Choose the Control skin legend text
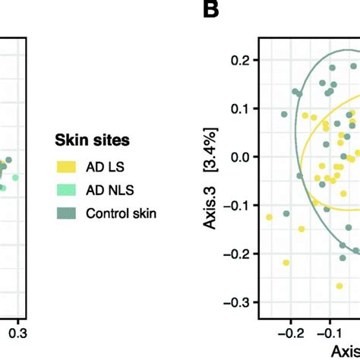click(x=122, y=213)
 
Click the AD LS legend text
click(x=103, y=165)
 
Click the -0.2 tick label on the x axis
click(x=289, y=333)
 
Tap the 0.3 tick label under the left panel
click(x=17, y=333)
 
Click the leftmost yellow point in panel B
click(x=269, y=217)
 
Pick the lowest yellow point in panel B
click(x=286, y=263)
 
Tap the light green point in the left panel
click(x=15, y=177)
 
